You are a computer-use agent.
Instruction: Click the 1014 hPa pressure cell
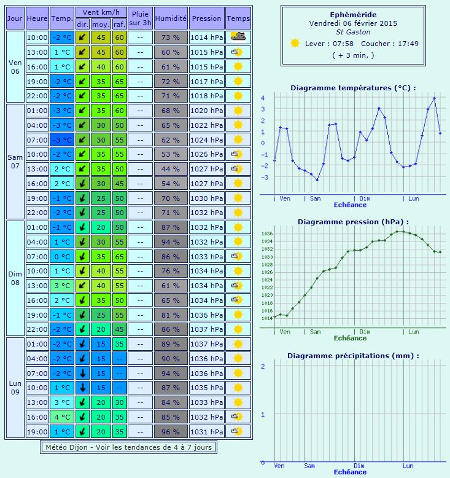pyautogui.click(x=206, y=37)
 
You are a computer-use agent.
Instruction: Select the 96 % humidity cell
pyautogui.click(x=171, y=431)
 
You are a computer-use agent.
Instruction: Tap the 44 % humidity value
pyautogui.click(x=171, y=168)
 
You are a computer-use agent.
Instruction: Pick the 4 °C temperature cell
pyautogui.click(x=61, y=417)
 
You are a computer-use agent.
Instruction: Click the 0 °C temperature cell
pyautogui.click(x=61, y=256)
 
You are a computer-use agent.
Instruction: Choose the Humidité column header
pyautogui.click(x=171, y=18)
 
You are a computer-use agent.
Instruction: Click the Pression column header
pyautogui.click(x=206, y=18)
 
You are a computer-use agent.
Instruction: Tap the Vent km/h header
pyautogui.click(x=101, y=12)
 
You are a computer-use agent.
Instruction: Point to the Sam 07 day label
pyautogui.click(x=15, y=162)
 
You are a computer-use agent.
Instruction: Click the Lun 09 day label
pyautogui.click(x=15, y=388)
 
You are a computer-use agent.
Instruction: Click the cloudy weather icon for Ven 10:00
pyautogui.click(x=238, y=37)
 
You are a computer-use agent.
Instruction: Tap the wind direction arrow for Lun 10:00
pyautogui.click(x=82, y=388)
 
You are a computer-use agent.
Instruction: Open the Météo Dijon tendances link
pyautogui.click(x=128, y=447)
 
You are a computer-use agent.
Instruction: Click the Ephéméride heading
pyautogui.click(x=353, y=14)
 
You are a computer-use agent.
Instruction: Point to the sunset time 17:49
pyautogui.click(x=408, y=44)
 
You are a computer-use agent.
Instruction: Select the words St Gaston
pyautogui.click(x=353, y=32)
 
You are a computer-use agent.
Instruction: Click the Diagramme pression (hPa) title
pyautogui.click(x=352, y=222)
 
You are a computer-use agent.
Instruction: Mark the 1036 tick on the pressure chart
pyautogui.click(x=267, y=234)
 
